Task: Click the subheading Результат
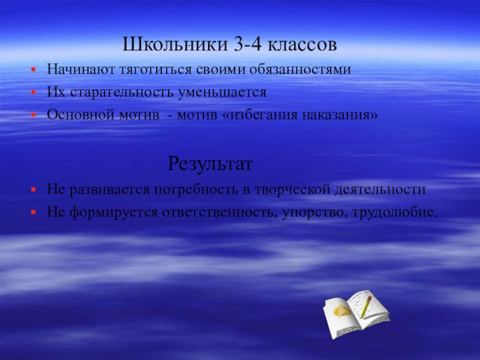(211, 163)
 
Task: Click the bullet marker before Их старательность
(35, 94)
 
